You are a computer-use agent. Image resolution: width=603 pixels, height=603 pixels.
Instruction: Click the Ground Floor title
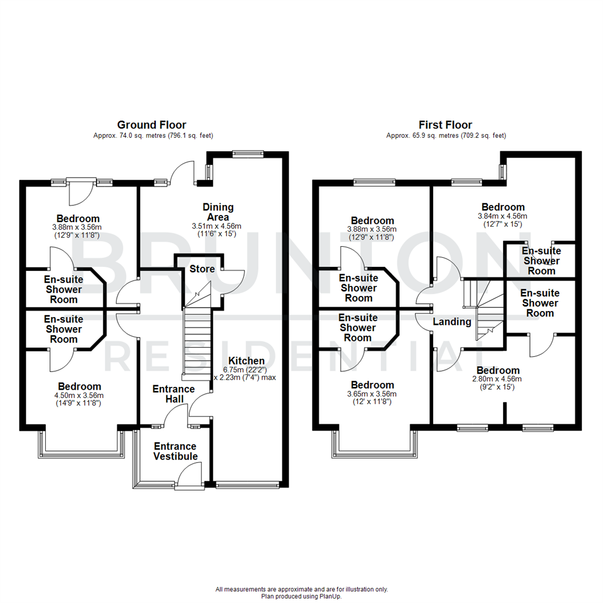pos(151,125)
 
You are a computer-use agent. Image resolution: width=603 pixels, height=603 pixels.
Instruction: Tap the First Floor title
pos(446,125)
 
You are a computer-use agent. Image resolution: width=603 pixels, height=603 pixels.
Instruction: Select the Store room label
pos(202,269)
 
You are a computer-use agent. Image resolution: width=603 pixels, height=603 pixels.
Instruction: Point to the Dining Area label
pos(218,212)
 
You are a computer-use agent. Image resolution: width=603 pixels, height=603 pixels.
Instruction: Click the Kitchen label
pos(246,361)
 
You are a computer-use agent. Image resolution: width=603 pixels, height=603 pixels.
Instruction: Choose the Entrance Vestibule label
pos(175,451)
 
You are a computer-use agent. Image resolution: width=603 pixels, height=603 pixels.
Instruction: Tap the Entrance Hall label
pos(173,394)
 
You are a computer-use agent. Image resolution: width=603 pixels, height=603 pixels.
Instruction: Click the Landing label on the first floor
pos(452,322)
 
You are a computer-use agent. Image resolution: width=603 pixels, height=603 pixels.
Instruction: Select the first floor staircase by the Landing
pos(484,310)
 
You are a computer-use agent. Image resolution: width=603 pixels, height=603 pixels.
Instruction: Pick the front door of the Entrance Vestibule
pos(190,478)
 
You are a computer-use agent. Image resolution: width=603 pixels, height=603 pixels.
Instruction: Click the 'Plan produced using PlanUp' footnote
pos(301,596)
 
